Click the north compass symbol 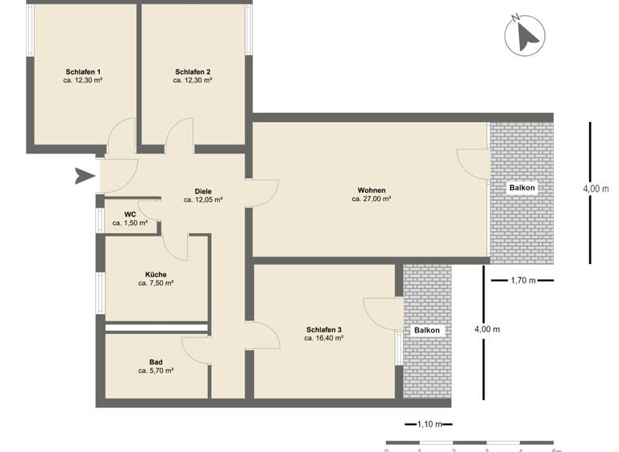526,35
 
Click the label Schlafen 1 82,72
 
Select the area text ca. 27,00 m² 372,199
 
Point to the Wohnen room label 372,190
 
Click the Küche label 156,274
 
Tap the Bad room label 156,362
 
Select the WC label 130,214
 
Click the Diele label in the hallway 203,190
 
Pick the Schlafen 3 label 324,329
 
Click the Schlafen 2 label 193,72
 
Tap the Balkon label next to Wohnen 521,188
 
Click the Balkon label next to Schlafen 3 427,331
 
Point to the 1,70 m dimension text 524,281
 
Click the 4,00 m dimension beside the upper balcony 596,188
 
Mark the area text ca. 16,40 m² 324,339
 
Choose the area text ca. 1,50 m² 130,223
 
